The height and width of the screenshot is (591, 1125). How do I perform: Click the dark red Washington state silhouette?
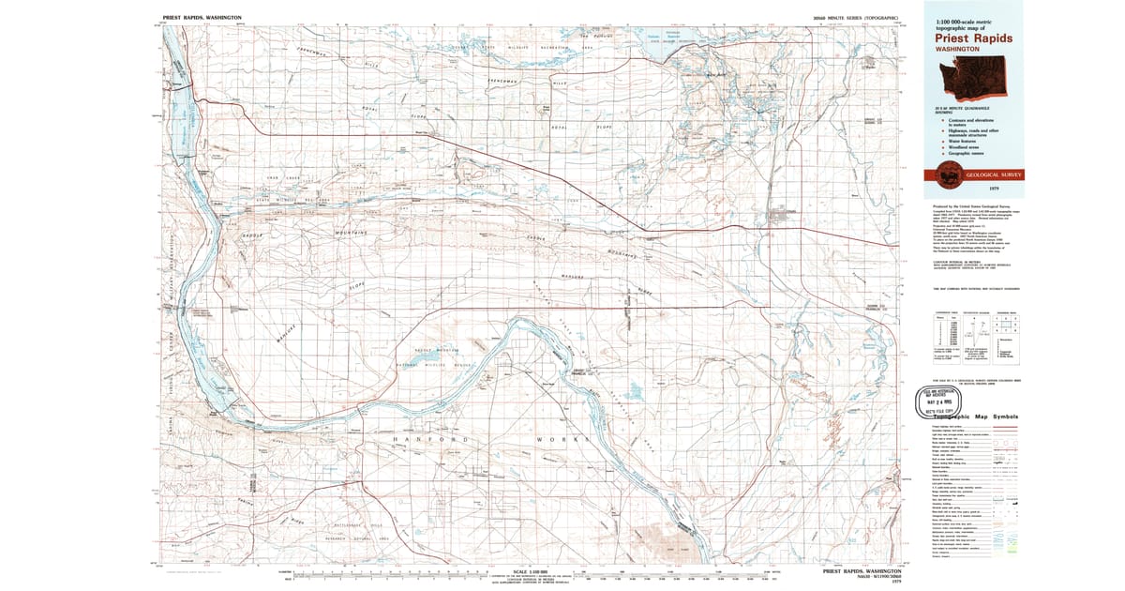[x=970, y=81]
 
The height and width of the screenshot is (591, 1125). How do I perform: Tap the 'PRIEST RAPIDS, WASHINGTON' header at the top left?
[x=202, y=18]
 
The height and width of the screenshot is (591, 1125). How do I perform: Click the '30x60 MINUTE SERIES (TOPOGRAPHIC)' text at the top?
[x=857, y=18]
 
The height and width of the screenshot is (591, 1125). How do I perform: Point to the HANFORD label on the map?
[x=427, y=439]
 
